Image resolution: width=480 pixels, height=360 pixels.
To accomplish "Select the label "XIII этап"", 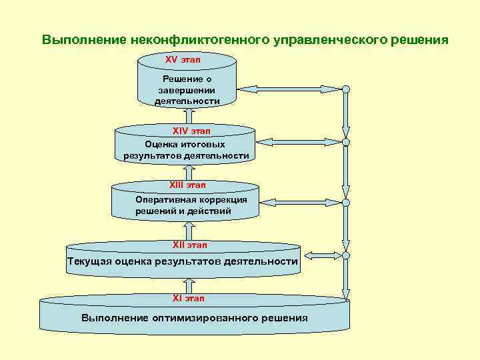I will (x=187, y=185).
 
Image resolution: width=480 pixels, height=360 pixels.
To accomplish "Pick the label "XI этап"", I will (x=189, y=299).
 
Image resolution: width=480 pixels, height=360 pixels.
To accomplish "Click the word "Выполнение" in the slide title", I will (x=83, y=39).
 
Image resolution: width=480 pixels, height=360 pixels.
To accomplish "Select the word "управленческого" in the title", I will (x=331, y=39).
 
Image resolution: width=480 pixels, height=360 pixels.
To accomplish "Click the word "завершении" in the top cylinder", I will (x=187, y=90).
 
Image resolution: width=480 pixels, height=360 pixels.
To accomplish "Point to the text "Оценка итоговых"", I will (x=185, y=144).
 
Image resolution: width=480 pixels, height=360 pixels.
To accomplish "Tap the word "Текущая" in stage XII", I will (x=91, y=261).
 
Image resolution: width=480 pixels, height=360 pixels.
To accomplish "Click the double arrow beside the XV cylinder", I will (x=291, y=89).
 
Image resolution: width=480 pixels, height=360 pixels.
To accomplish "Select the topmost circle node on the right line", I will (x=346, y=89).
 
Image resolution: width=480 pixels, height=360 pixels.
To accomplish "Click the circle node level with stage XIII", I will (x=346, y=202).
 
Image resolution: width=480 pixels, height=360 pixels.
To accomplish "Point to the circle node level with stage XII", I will (x=346, y=254).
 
